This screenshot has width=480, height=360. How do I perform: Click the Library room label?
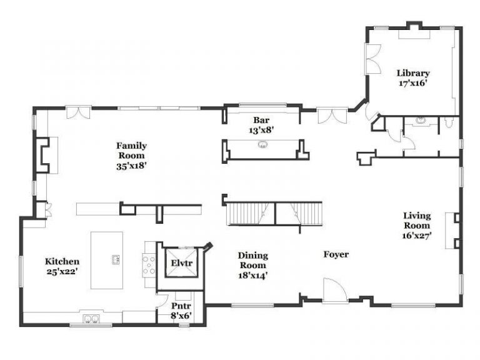[413, 72]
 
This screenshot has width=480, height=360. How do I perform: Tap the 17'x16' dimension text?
[413, 82]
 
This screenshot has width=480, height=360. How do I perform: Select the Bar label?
[261, 120]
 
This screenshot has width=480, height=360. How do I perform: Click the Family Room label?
[131, 151]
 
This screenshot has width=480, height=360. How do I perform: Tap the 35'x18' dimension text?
[131, 166]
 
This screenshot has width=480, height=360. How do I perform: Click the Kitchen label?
[62, 261]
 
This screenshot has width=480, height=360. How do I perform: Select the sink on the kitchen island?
[116, 259]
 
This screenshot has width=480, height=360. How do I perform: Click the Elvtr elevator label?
[182, 263]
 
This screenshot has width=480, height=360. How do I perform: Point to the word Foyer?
[336, 254]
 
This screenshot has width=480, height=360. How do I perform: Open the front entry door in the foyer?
[336, 291]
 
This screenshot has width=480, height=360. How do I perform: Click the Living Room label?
[416, 221]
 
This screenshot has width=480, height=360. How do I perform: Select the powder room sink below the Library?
[421, 120]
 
